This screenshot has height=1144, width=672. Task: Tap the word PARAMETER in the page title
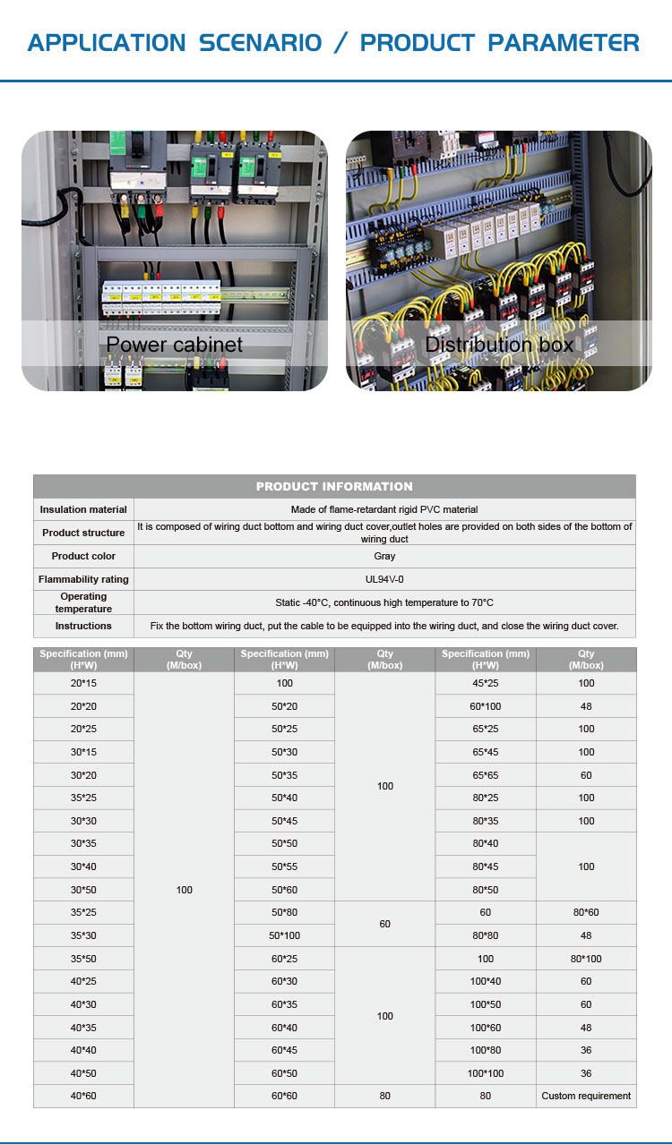[x=564, y=42]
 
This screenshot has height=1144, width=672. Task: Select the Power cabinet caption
[x=175, y=345]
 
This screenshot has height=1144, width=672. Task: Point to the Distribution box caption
[x=499, y=345]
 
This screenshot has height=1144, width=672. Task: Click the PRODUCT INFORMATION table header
[x=334, y=486]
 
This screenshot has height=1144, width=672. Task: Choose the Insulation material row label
[x=83, y=509]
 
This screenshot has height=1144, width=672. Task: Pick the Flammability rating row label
[x=83, y=579]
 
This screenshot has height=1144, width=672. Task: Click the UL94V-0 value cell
[x=384, y=579]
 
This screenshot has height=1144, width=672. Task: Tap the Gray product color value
[x=384, y=556]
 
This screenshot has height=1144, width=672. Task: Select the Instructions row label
[x=83, y=626]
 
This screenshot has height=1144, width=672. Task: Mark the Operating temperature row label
[x=83, y=602]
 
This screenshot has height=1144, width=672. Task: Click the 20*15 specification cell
[x=83, y=683]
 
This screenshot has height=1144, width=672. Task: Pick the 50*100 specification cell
[x=284, y=935]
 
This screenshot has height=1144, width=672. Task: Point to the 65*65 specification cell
[x=485, y=775]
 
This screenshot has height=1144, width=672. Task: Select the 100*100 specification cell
[x=485, y=1073]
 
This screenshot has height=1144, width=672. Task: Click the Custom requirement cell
[x=586, y=1096]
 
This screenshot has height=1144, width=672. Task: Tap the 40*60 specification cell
[x=83, y=1096]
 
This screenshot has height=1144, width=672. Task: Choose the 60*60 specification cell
[x=284, y=1096]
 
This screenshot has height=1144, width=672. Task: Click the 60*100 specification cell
[x=485, y=706]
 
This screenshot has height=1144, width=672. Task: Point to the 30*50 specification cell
[x=83, y=890]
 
